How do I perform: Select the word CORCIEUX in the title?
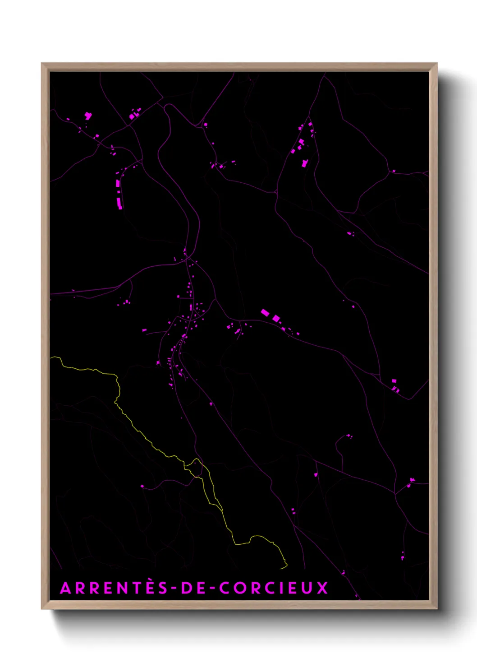[x=274, y=588]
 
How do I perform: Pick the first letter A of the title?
[x=66, y=588]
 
